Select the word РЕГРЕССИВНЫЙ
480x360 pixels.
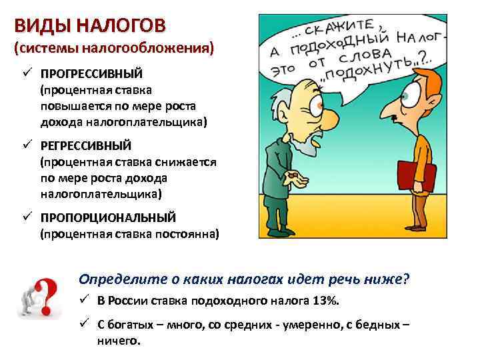86,145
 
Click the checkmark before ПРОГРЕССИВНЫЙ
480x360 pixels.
27,73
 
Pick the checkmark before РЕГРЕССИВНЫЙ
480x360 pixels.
27,145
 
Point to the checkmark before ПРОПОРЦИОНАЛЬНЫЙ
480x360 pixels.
27,217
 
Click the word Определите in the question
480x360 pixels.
116,279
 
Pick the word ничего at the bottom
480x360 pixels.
119,339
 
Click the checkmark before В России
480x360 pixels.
85,301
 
